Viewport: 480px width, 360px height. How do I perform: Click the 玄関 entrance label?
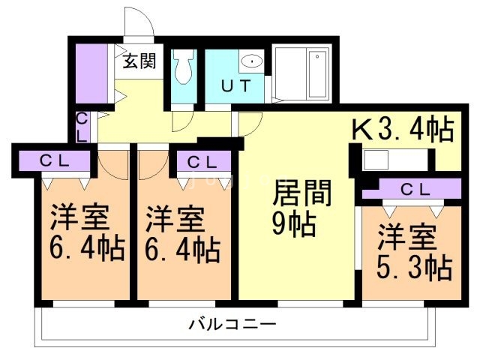coord(140,61)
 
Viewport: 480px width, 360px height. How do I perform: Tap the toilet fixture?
coord(183,69)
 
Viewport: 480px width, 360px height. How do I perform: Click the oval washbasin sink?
coord(251,61)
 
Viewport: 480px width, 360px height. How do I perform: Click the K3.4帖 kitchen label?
coord(403,130)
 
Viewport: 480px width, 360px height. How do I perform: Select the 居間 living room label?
coord(301,193)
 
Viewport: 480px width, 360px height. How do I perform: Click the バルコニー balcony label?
coord(232,325)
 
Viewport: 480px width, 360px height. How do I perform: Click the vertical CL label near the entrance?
coord(83,126)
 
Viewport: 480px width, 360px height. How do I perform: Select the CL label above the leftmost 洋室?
coord(55,160)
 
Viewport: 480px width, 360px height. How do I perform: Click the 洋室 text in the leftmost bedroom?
coord(80,217)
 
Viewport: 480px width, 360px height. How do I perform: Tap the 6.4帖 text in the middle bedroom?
coord(183,247)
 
